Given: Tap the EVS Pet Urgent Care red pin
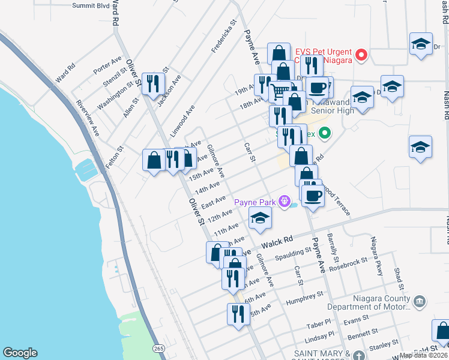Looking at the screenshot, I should (x=361, y=56).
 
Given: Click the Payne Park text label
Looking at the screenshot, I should (x=255, y=202).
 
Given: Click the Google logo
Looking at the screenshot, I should (x=20, y=352).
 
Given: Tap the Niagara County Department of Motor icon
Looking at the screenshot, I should (x=420, y=300).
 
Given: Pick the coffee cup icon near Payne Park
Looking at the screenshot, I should (x=312, y=196).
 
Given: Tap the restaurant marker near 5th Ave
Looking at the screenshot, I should (x=238, y=314).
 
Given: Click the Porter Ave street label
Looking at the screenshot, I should (x=107, y=65).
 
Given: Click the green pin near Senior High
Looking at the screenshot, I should (x=325, y=133).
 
